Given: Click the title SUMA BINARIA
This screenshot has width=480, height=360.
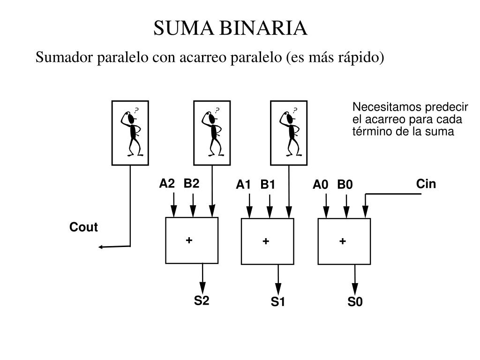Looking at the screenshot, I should [231, 29].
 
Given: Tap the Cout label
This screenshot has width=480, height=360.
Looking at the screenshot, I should [83, 227].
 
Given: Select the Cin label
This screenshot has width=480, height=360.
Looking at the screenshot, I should [426, 184].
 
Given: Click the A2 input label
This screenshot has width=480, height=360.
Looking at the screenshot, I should [167, 184].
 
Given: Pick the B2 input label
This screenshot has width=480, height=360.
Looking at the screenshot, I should [191, 184].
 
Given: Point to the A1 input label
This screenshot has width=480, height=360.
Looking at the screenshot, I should [243, 185].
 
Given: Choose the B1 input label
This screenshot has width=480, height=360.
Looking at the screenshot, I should [268, 185].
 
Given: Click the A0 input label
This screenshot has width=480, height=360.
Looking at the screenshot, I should [321, 185].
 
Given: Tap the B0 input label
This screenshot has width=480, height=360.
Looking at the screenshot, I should [345, 185].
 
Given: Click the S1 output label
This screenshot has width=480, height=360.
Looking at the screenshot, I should [277, 302].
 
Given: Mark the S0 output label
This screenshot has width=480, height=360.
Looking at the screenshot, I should [355, 302].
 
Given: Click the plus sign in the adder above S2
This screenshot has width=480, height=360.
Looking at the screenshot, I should [189, 240].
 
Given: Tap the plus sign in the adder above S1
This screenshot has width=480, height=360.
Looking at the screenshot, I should [266, 241].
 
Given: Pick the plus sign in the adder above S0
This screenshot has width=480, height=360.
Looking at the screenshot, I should [343, 241].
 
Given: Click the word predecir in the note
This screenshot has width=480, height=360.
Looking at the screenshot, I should [447, 107].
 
